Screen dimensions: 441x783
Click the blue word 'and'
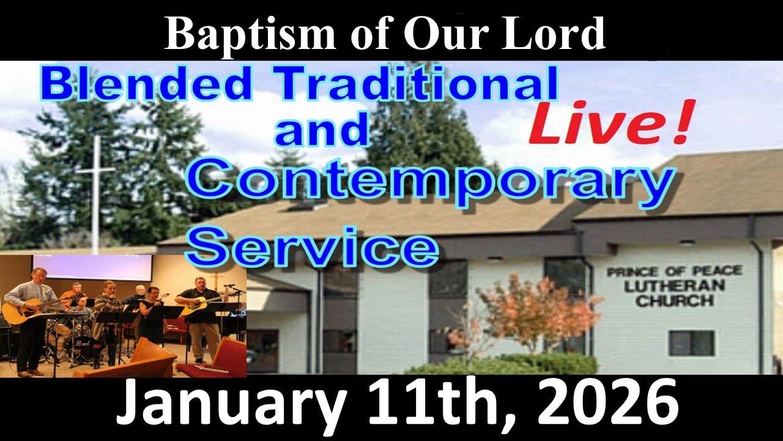[322, 131]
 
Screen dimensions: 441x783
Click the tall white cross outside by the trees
[95, 190]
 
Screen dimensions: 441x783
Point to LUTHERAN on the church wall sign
[674, 286]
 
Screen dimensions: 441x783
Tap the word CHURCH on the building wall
[674, 301]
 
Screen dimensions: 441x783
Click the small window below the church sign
[691, 343]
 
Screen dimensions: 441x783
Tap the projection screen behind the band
[92, 267]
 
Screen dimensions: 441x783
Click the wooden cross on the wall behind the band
[215, 281]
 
